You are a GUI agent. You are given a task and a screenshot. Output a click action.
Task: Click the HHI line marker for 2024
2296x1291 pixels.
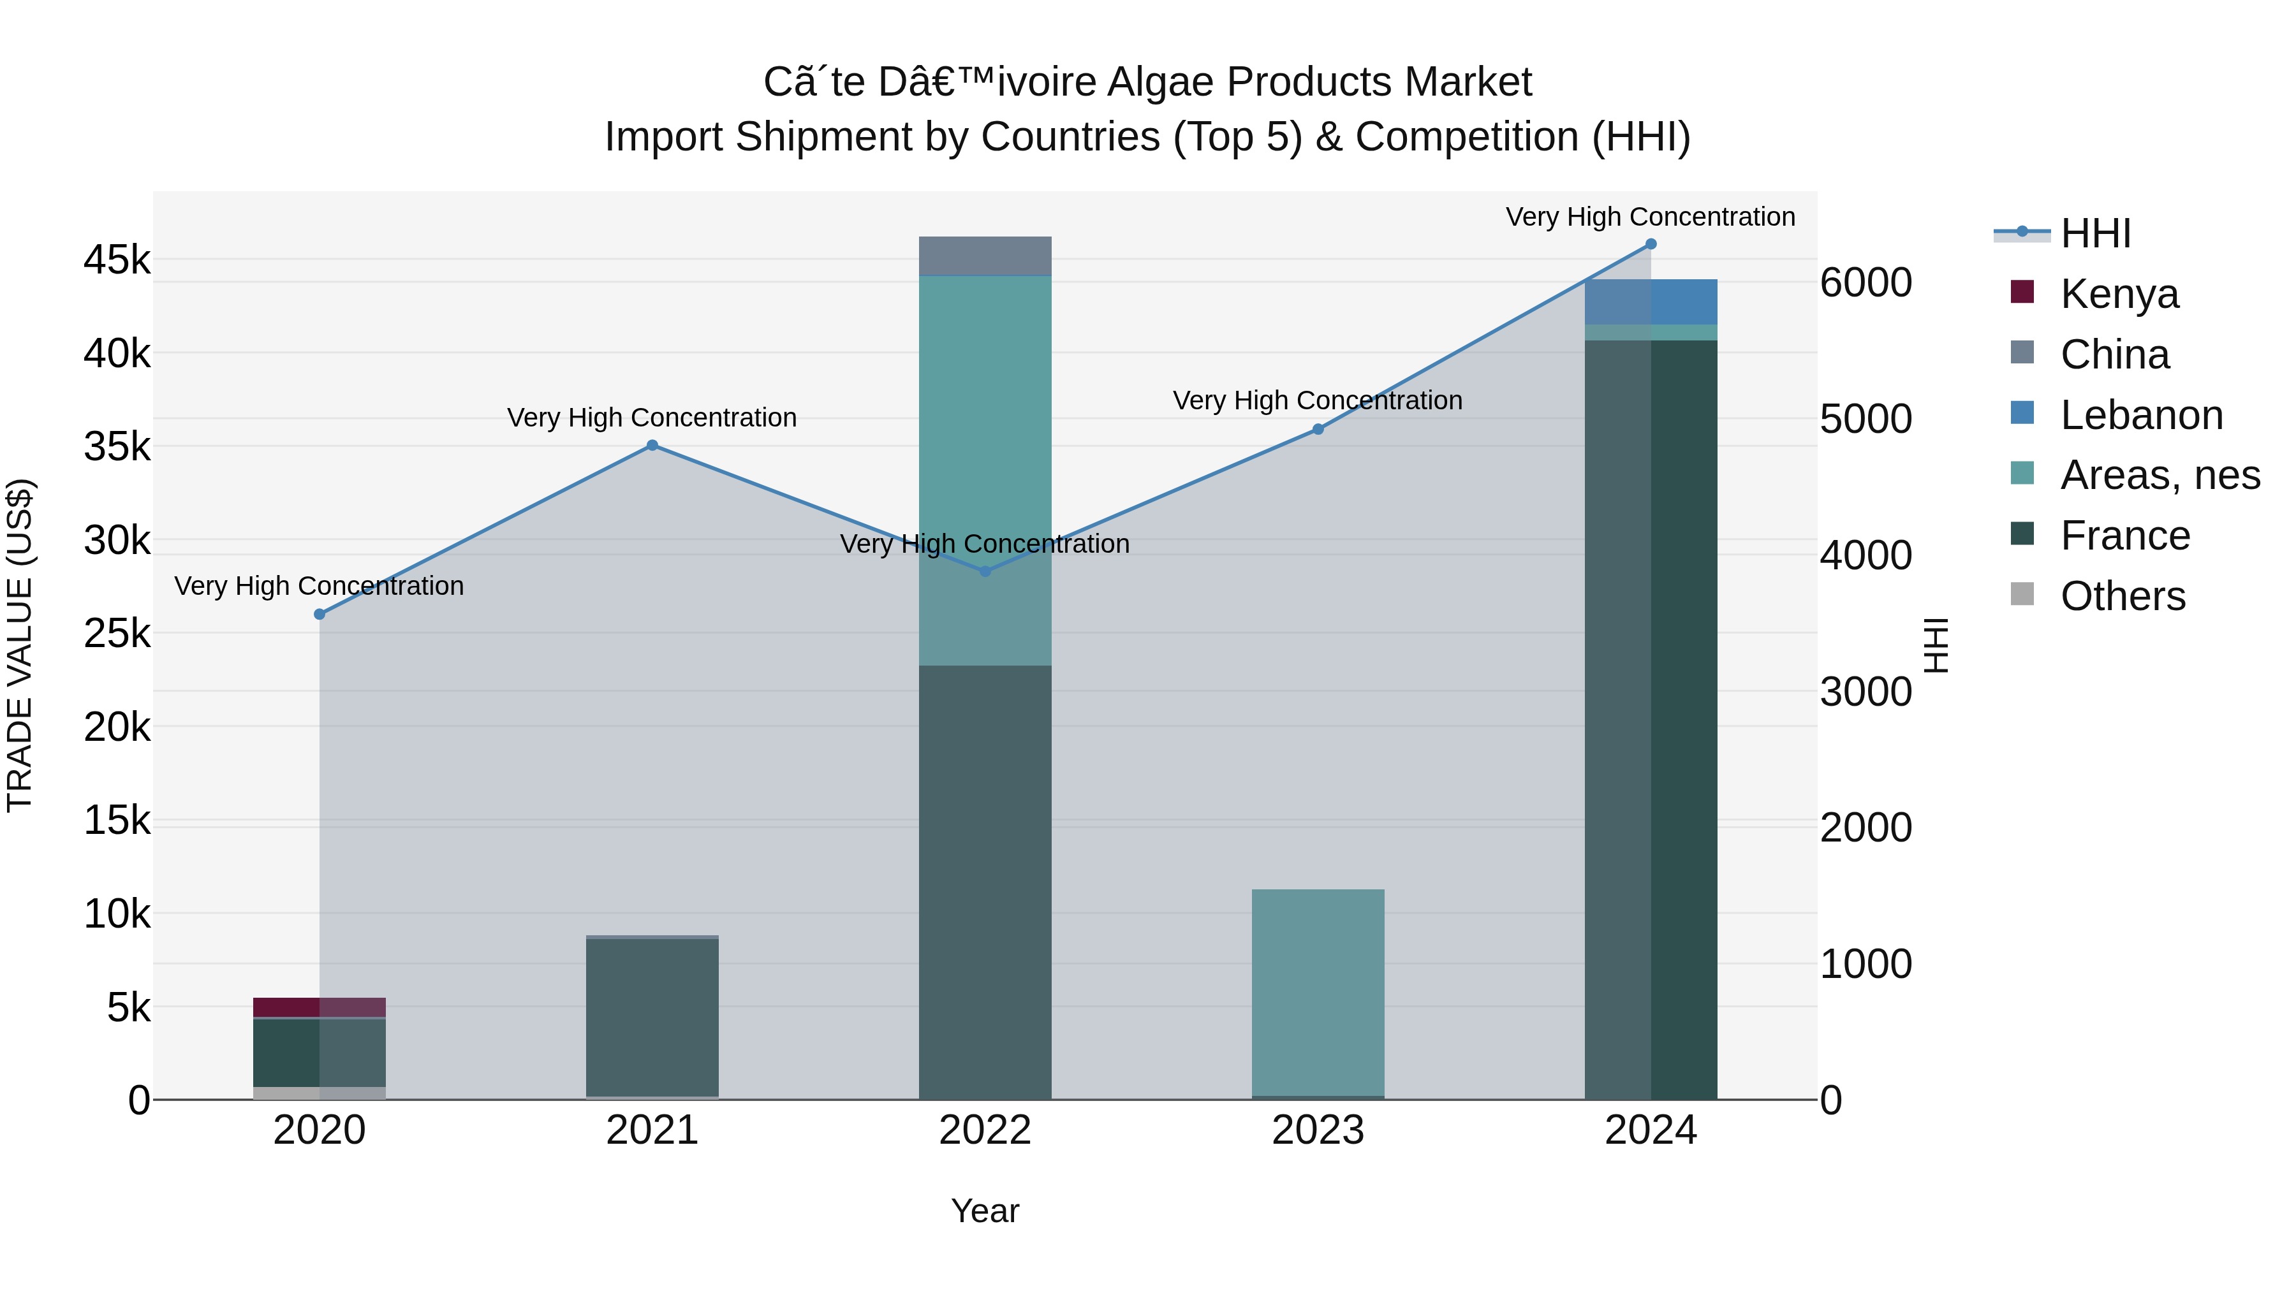[x=1651, y=244]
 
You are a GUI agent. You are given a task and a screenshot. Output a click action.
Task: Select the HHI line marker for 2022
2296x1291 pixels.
[x=985, y=571]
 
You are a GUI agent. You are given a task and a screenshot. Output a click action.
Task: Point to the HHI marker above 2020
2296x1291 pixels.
[x=320, y=614]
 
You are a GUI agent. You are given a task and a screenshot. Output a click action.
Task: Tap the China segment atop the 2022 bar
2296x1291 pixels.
[x=985, y=256]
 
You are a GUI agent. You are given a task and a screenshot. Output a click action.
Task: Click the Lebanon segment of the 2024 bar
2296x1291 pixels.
[x=1651, y=302]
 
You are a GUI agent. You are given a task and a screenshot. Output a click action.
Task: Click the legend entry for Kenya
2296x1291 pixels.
[x=2119, y=294]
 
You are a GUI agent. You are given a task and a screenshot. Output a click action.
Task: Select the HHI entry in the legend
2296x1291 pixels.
[x=2094, y=233]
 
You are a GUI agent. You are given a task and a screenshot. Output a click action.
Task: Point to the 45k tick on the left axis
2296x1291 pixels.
[x=117, y=260]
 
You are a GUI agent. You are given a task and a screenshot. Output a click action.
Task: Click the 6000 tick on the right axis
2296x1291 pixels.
[x=1865, y=282]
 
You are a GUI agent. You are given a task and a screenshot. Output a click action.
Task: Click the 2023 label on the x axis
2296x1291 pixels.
[x=1318, y=1130]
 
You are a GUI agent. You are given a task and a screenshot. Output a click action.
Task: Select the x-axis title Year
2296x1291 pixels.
[x=985, y=1211]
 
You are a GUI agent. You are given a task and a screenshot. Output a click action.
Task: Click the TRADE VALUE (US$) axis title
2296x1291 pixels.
[x=20, y=645]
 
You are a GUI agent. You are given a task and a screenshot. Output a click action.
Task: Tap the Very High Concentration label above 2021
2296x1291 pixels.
[x=652, y=417]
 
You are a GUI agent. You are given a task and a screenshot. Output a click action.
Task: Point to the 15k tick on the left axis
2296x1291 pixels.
[x=117, y=821]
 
